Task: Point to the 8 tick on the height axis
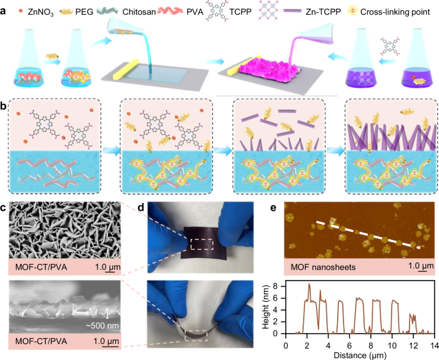tap(281, 283)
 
